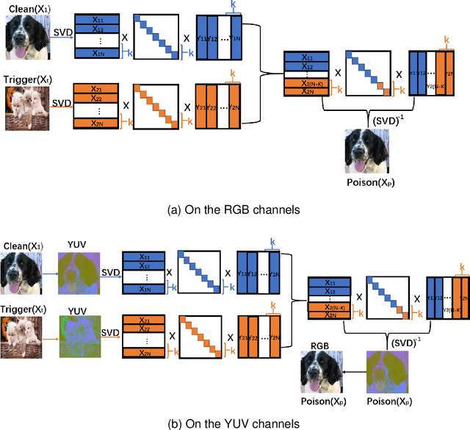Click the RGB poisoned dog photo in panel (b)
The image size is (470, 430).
click(x=322, y=373)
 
